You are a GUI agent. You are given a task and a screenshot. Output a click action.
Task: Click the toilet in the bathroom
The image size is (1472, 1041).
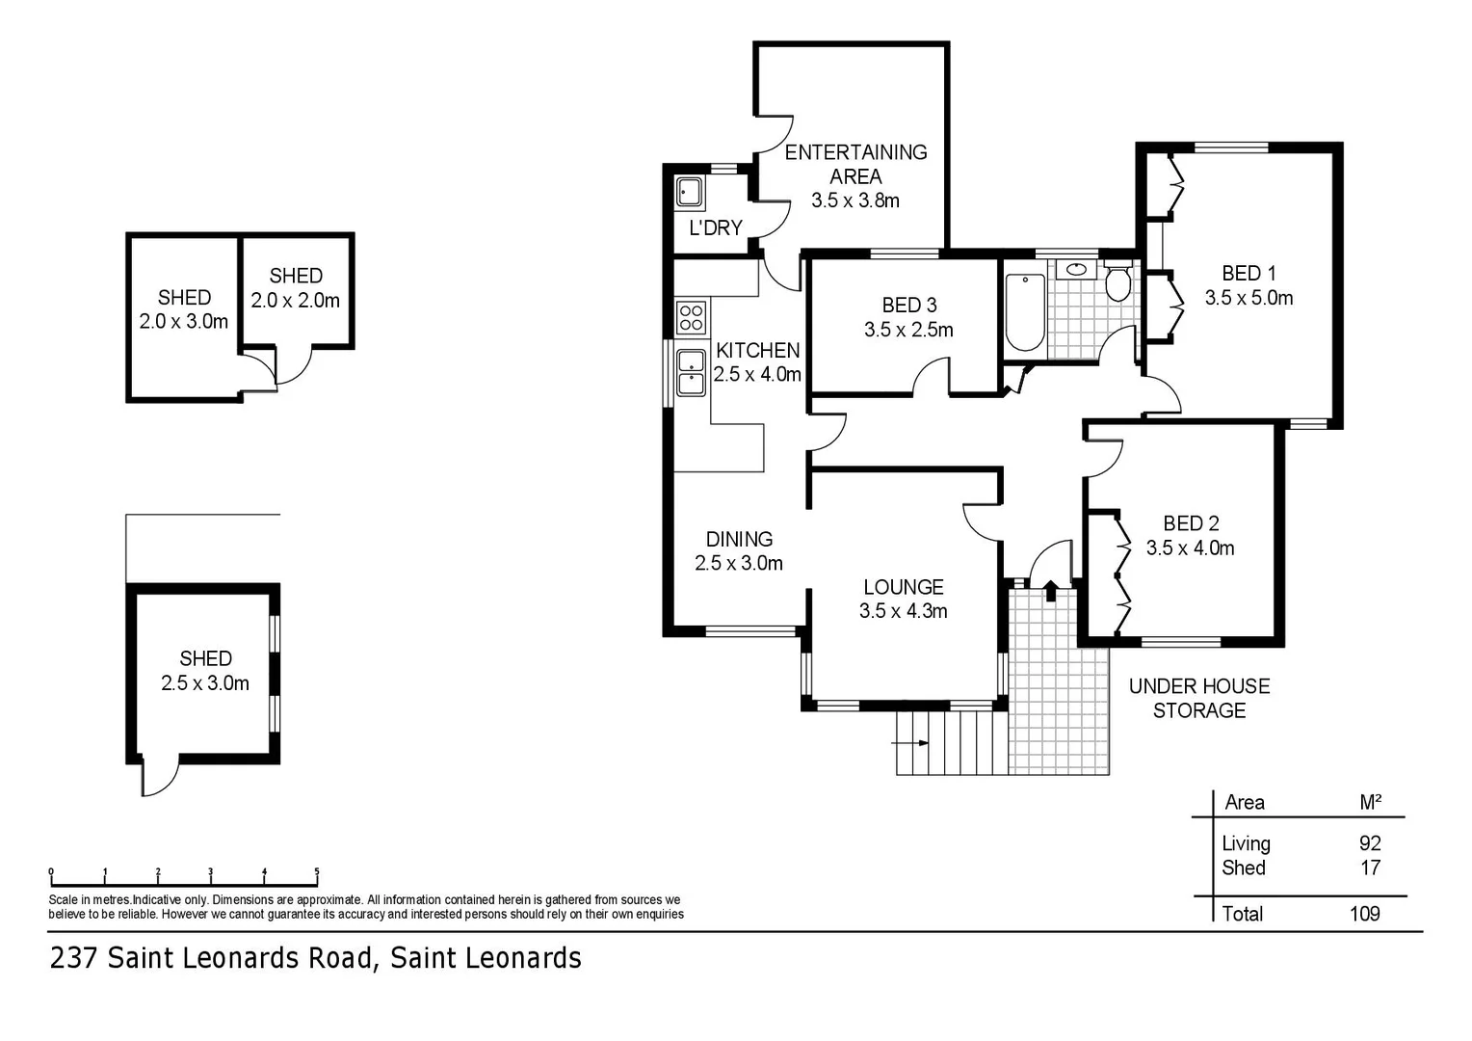tap(1117, 283)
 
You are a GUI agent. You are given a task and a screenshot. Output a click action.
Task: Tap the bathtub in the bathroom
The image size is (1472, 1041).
tap(1024, 313)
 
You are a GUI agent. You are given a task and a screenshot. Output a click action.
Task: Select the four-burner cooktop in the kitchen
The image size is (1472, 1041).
tap(691, 317)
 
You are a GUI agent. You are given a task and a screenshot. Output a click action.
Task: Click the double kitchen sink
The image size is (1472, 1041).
tap(691, 373)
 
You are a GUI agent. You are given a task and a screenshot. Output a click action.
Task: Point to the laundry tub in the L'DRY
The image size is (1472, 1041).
tap(689, 191)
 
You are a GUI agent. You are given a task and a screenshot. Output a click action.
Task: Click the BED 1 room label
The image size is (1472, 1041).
tap(1249, 274)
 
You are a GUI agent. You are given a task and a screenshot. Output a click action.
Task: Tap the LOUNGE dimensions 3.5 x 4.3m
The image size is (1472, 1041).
tap(903, 611)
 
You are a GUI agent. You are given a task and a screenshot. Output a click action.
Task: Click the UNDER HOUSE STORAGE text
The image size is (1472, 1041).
tap(1199, 699)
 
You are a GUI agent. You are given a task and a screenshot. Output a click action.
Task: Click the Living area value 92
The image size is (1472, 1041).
tap(1369, 843)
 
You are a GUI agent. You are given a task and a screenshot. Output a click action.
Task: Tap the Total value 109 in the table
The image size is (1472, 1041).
tap(1364, 914)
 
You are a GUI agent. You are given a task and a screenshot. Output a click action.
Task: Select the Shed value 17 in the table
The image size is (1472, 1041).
tap(1370, 867)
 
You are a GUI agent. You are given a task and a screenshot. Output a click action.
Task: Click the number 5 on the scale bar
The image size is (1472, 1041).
tap(317, 871)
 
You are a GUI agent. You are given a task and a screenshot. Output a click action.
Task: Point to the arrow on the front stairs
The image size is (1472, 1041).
tap(911, 743)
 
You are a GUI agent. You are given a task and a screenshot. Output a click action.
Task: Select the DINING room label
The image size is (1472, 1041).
tap(739, 539)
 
